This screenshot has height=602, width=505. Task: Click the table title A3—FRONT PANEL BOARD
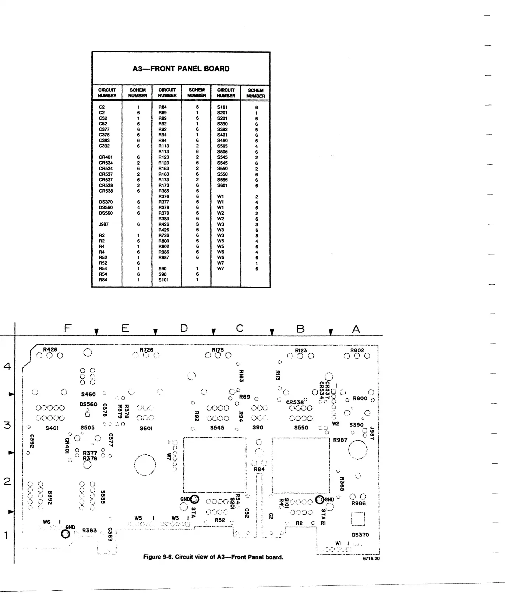181,69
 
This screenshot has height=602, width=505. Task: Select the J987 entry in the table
103,224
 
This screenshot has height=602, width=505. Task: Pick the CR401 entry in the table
106,157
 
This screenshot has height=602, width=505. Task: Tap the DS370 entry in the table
106,202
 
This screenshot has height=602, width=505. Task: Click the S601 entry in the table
222,185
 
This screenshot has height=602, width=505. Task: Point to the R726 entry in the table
164,235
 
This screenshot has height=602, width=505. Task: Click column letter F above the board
67,328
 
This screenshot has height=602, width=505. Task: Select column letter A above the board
356,329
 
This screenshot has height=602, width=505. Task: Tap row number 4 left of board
7,366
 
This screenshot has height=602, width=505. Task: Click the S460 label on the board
88,394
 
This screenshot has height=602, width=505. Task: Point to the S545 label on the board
217,428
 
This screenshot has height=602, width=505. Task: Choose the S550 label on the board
301,428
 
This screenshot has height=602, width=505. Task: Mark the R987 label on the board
340,440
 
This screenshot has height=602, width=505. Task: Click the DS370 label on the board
360,535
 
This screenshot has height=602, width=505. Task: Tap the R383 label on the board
89,530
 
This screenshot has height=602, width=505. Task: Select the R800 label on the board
360,398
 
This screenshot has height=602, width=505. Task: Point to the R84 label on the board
259,469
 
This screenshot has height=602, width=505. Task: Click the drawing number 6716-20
372,558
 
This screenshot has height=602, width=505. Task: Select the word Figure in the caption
152,557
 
